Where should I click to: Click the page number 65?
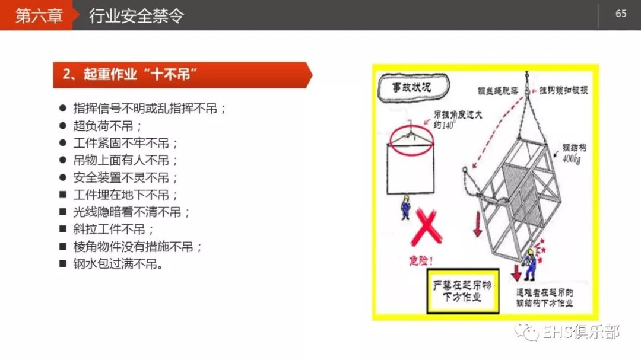621,14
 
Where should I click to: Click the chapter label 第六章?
39,15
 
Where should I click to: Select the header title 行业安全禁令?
136,15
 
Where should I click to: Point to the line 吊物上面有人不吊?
125,160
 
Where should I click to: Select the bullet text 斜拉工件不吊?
113,230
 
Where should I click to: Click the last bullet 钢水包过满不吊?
118,264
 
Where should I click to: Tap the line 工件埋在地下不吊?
125,195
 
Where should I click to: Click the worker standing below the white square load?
405,207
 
